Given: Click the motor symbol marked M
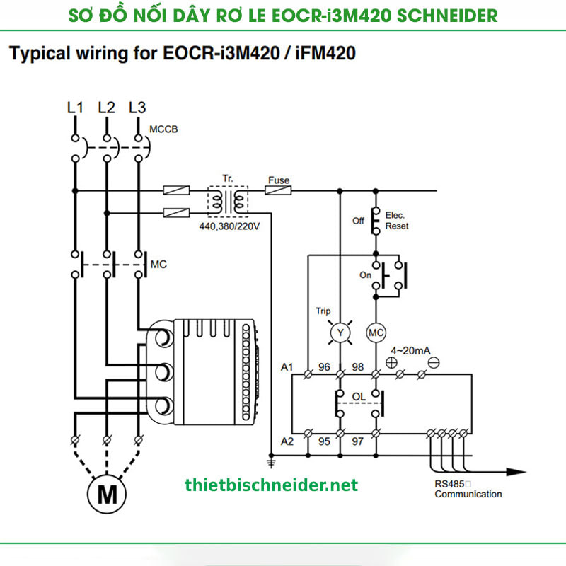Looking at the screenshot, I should [107, 493].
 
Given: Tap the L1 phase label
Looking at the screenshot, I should [75, 108].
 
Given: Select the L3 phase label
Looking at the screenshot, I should [137, 108].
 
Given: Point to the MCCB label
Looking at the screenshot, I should [164, 129].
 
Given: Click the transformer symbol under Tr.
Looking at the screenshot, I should [227, 200].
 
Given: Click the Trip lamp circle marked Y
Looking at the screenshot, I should [339, 332].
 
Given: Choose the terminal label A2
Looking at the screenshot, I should [287, 441].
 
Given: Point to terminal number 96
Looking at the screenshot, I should [324, 366].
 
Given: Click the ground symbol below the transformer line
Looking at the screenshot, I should [270, 463].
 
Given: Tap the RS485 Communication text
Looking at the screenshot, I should [468, 489].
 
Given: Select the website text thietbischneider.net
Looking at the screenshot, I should [271, 485].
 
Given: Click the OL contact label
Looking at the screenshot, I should [359, 397].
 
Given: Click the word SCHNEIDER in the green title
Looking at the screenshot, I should [439, 15].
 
